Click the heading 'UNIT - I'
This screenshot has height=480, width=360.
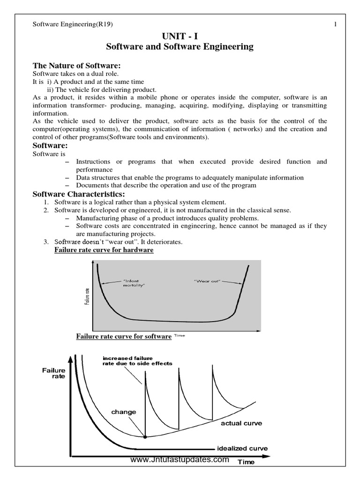point(180,36)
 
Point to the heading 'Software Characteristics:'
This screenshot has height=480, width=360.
point(78,194)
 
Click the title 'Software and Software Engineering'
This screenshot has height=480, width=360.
point(180,47)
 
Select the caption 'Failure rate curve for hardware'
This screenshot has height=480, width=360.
point(104,250)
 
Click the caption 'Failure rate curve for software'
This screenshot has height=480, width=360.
point(124,337)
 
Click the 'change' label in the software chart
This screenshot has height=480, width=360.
point(124,412)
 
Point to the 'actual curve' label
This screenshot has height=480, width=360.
point(241,423)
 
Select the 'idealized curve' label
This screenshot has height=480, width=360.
point(242,448)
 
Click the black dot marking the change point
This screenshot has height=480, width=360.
point(145,437)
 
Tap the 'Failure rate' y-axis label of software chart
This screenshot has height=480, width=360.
point(54,373)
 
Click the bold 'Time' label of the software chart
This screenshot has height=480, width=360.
point(246,462)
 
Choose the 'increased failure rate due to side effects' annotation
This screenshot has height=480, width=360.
point(137,360)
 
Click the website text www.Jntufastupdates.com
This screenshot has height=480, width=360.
point(180,460)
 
